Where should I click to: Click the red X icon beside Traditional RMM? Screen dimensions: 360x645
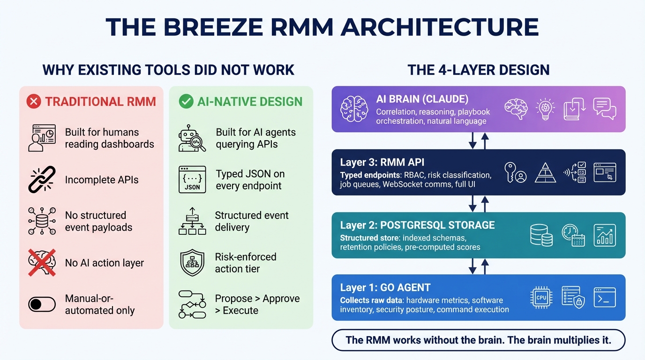(34, 101)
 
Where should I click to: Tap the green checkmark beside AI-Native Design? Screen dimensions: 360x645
(186, 101)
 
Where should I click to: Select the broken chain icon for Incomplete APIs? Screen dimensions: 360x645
(42, 180)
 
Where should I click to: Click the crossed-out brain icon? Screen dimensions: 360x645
(42, 262)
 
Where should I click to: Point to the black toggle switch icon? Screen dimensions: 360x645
(42, 304)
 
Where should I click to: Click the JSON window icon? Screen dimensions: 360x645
(192, 180)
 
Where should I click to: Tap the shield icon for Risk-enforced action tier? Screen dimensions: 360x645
(192, 263)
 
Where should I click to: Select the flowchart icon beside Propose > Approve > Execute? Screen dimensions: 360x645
(192, 304)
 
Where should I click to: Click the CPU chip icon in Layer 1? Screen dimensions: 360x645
(541, 297)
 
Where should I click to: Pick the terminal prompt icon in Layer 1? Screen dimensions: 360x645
(605, 297)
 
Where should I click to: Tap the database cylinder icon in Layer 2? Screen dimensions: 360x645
(541, 235)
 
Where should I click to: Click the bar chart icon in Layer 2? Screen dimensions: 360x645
(605, 235)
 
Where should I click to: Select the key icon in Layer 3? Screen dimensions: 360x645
(515, 172)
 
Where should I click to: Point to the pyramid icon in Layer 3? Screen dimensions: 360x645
(545, 172)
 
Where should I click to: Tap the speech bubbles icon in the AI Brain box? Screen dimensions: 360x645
(605, 109)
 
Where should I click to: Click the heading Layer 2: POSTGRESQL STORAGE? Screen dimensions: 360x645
(417, 225)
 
